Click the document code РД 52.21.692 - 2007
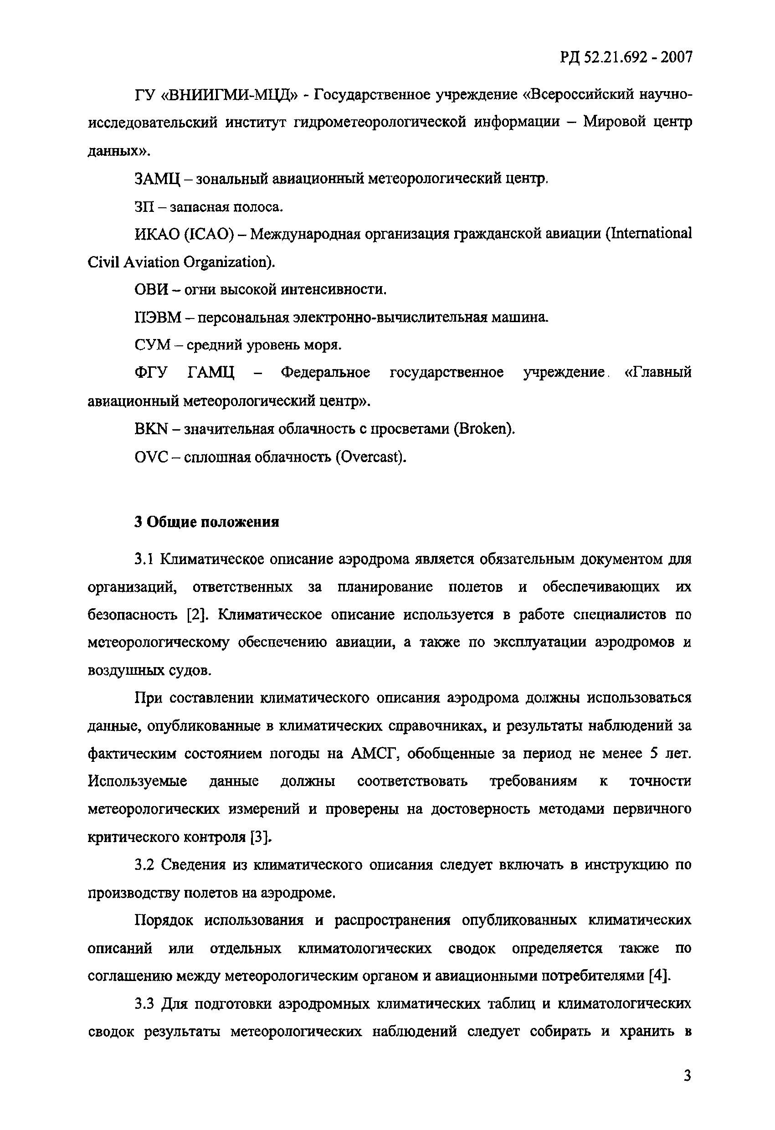(x=626, y=58)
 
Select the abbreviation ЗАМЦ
(x=157, y=180)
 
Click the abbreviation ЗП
(x=144, y=207)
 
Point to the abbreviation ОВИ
(x=151, y=290)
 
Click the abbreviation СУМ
(x=152, y=346)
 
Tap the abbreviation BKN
(x=151, y=429)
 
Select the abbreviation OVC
(x=151, y=457)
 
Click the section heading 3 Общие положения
(x=207, y=522)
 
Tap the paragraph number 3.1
(x=144, y=560)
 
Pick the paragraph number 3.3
(x=145, y=1004)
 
